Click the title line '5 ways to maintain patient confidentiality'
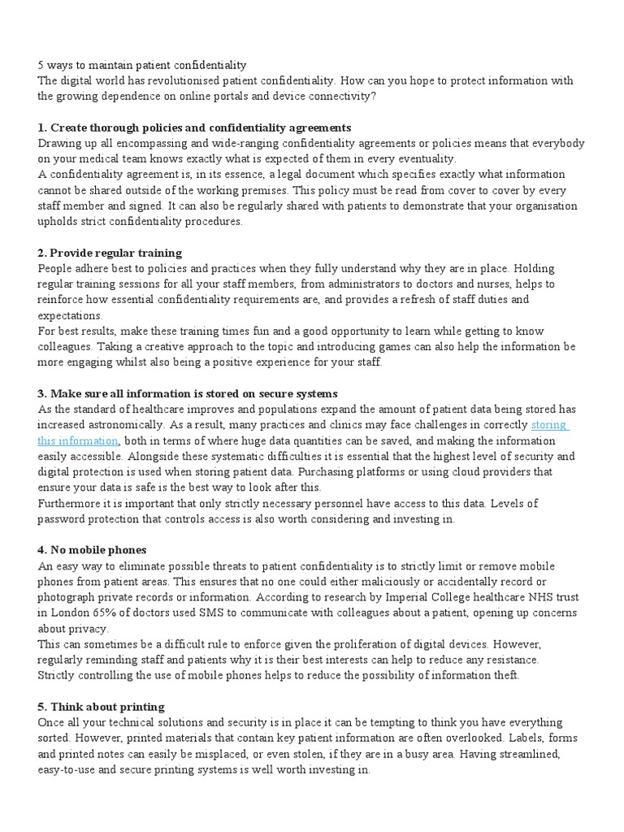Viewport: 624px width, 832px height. point(142,65)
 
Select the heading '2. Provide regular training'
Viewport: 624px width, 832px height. point(110,253)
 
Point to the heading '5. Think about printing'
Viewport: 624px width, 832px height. point(101,706)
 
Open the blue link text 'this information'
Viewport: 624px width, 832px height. point(78,440)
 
